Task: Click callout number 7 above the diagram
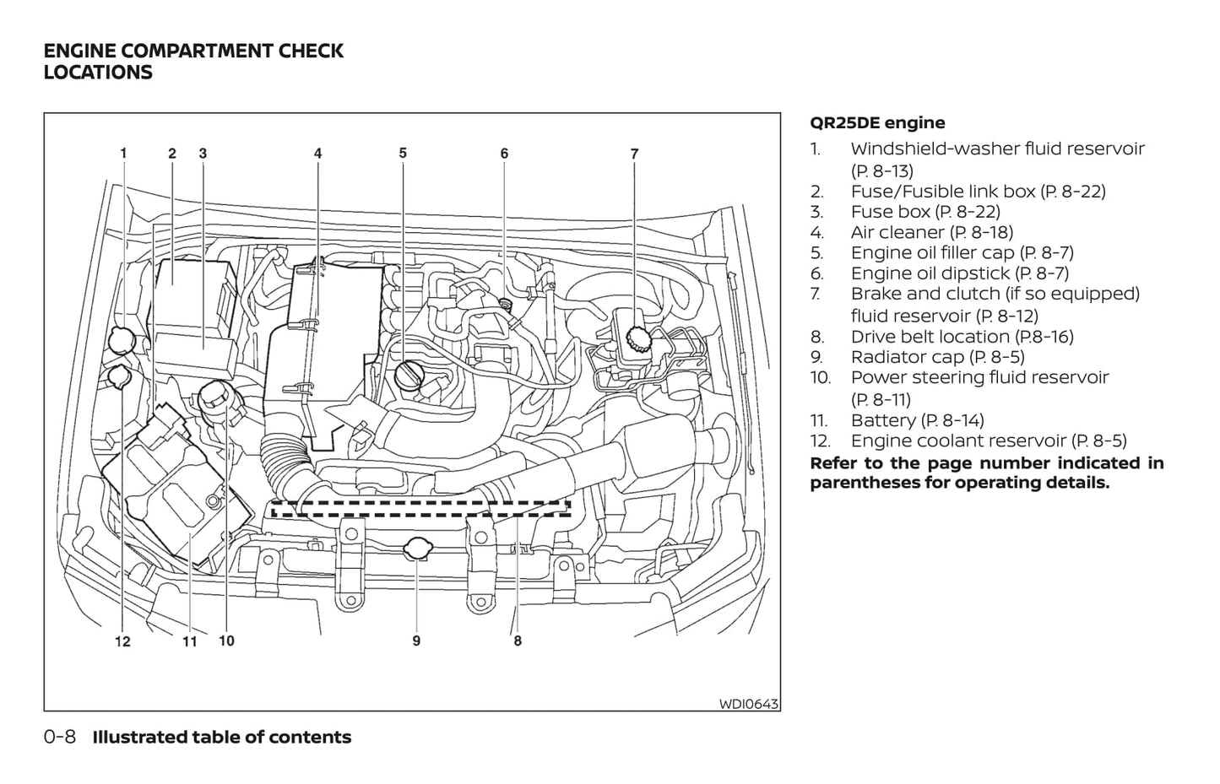coord(634,154)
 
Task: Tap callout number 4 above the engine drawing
coord(318,154)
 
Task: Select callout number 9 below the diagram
coord(416,641)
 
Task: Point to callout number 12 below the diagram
coord(123,642)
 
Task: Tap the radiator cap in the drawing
coord(417,549)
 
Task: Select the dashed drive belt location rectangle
coord(420,508)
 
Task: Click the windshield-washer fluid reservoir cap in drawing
coord(123,339)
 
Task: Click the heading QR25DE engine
coord(877,123)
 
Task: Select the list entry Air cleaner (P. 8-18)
coord(931,232)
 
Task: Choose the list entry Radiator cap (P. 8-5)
coord(937,357)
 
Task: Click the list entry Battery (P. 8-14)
coord(917,420)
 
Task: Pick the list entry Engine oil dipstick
coord(959,273)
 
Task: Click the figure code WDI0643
coord(748,703)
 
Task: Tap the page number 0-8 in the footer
coord(60,737)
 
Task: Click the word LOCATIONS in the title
coord(98,73)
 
